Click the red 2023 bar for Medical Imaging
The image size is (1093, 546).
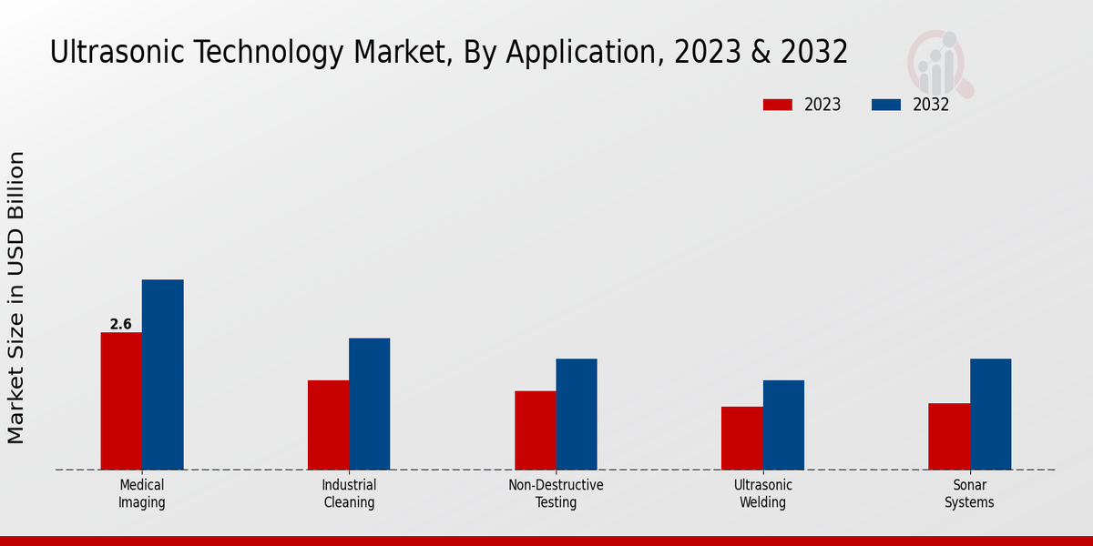(121, 401)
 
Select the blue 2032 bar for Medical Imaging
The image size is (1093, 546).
(163, 375)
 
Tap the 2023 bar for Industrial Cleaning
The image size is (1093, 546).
(328, 425)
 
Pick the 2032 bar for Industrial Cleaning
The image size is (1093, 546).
(370, 404)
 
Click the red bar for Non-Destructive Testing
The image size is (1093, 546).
(535, 430)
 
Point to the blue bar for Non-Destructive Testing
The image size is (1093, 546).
(577, 414)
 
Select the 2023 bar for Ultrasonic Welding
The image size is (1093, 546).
(741, 438)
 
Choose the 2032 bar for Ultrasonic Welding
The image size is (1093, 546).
(783, 425)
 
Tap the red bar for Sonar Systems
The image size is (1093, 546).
(949, 437)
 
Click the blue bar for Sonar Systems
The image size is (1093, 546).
(990, 414)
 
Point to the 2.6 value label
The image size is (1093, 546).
(120, 324)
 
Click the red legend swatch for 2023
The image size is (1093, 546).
(777, 105)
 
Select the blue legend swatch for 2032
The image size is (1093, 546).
(885, 105)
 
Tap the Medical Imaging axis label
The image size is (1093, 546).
(142, 493)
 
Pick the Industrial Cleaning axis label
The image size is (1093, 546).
(349, 493)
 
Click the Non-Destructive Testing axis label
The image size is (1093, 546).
(556, 493)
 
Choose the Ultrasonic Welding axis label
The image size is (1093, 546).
(763, 493)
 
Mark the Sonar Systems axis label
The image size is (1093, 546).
(969, 493)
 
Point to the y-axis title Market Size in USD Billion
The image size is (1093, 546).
(16, 298)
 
